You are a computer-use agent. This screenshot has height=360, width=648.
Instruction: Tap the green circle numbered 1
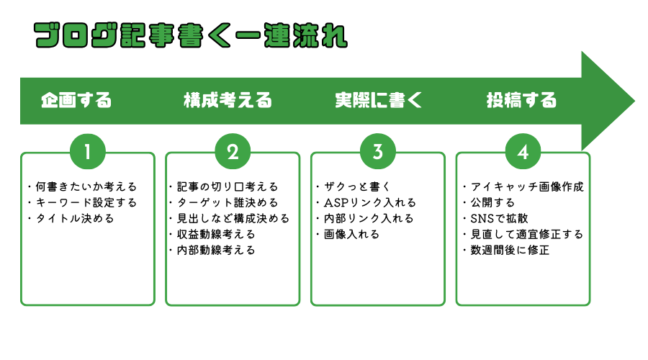click(88, 152)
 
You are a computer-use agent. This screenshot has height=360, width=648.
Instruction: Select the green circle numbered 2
click(233, 152)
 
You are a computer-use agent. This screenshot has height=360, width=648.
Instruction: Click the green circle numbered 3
click(378, 152)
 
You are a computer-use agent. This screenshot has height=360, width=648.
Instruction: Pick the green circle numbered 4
click(523, 152)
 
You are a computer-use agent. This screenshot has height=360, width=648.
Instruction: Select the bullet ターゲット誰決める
click(227, 202)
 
